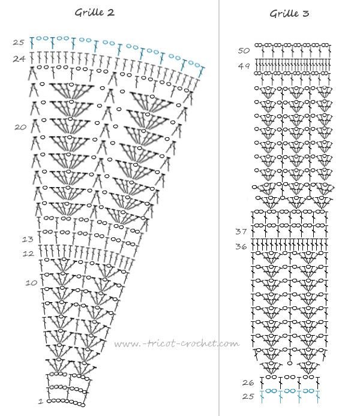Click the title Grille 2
(94, 11)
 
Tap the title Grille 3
(289, 13)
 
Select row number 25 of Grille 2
(18, 42)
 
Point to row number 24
(19, 58)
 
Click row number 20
(20, 127)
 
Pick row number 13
(28, 239)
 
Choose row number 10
(31, 282)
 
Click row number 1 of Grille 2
(40, 401)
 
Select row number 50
(244, 50)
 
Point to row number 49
(244, 67)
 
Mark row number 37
(241, 231)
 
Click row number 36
(241, 246)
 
